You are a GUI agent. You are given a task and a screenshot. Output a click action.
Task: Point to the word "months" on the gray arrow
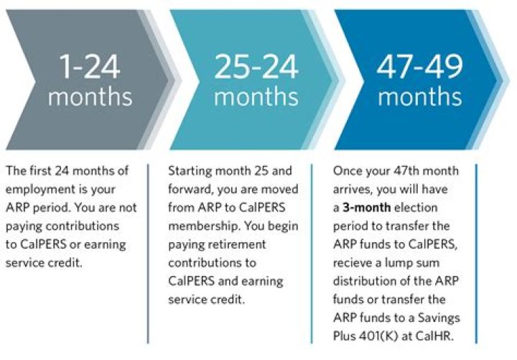(90, 97)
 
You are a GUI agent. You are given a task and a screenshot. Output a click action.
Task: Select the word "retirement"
(239, 244)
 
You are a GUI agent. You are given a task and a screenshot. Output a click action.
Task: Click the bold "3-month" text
(371, 208)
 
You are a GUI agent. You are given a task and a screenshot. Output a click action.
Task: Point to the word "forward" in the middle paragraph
(190, 190)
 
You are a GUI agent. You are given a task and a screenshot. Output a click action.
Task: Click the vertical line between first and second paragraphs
(148, 251)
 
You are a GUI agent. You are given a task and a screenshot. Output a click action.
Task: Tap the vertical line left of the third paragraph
(312, 251)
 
